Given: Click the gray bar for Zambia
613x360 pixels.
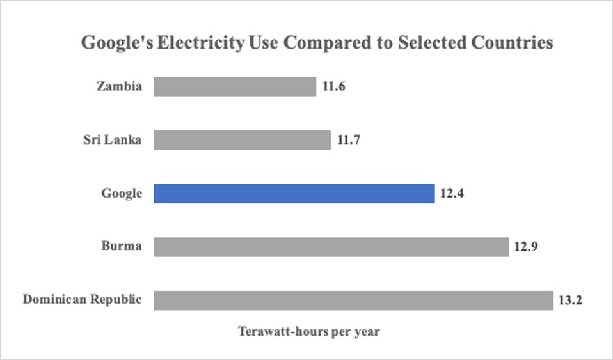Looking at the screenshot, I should coord(234,86).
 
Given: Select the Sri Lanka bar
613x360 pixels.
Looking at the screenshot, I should coord(242,139).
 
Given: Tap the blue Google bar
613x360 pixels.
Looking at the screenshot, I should coord(294,193).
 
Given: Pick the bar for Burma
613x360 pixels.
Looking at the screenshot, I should coord(331,247).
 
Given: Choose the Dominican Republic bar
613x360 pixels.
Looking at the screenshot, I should coord(353,301).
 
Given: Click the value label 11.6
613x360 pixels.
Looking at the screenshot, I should coord(333,86).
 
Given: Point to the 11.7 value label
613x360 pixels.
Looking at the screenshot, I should coord(348,139).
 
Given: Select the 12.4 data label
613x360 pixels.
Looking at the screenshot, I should coord(452,193).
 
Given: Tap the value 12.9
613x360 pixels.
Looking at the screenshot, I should coord(525,247).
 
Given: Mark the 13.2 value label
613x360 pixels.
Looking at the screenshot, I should coord(570,301).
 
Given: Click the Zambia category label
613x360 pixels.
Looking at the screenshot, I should coord(119,86).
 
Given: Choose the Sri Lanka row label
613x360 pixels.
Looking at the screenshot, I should coord(112,139).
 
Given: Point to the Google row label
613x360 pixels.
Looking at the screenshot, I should coord(122,193).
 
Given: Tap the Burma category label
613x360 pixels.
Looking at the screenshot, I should coord(121,247).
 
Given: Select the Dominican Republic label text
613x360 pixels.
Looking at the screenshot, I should coord(82,300).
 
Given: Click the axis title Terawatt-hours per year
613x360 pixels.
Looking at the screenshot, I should coord(309,332).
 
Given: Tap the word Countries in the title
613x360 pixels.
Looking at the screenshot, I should coord(512,43).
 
